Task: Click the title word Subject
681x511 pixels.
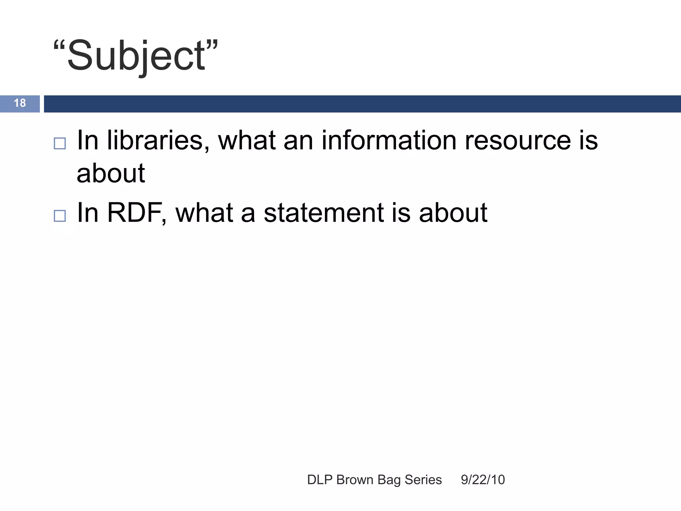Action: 136,56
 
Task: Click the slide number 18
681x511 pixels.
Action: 20,103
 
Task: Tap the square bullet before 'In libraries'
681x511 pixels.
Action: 60,143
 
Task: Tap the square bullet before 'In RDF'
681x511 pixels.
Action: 60,216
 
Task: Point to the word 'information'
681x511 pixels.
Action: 389,140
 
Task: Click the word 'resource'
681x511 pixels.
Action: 517,140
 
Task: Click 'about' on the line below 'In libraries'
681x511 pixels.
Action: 111,174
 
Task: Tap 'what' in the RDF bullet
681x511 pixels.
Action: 204,213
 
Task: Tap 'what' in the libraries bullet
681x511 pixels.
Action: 247,140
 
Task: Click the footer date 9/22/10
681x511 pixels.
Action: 483,480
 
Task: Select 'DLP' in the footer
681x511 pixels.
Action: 320,480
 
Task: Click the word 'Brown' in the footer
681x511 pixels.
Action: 355,480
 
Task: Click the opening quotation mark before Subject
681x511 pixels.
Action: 59,46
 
